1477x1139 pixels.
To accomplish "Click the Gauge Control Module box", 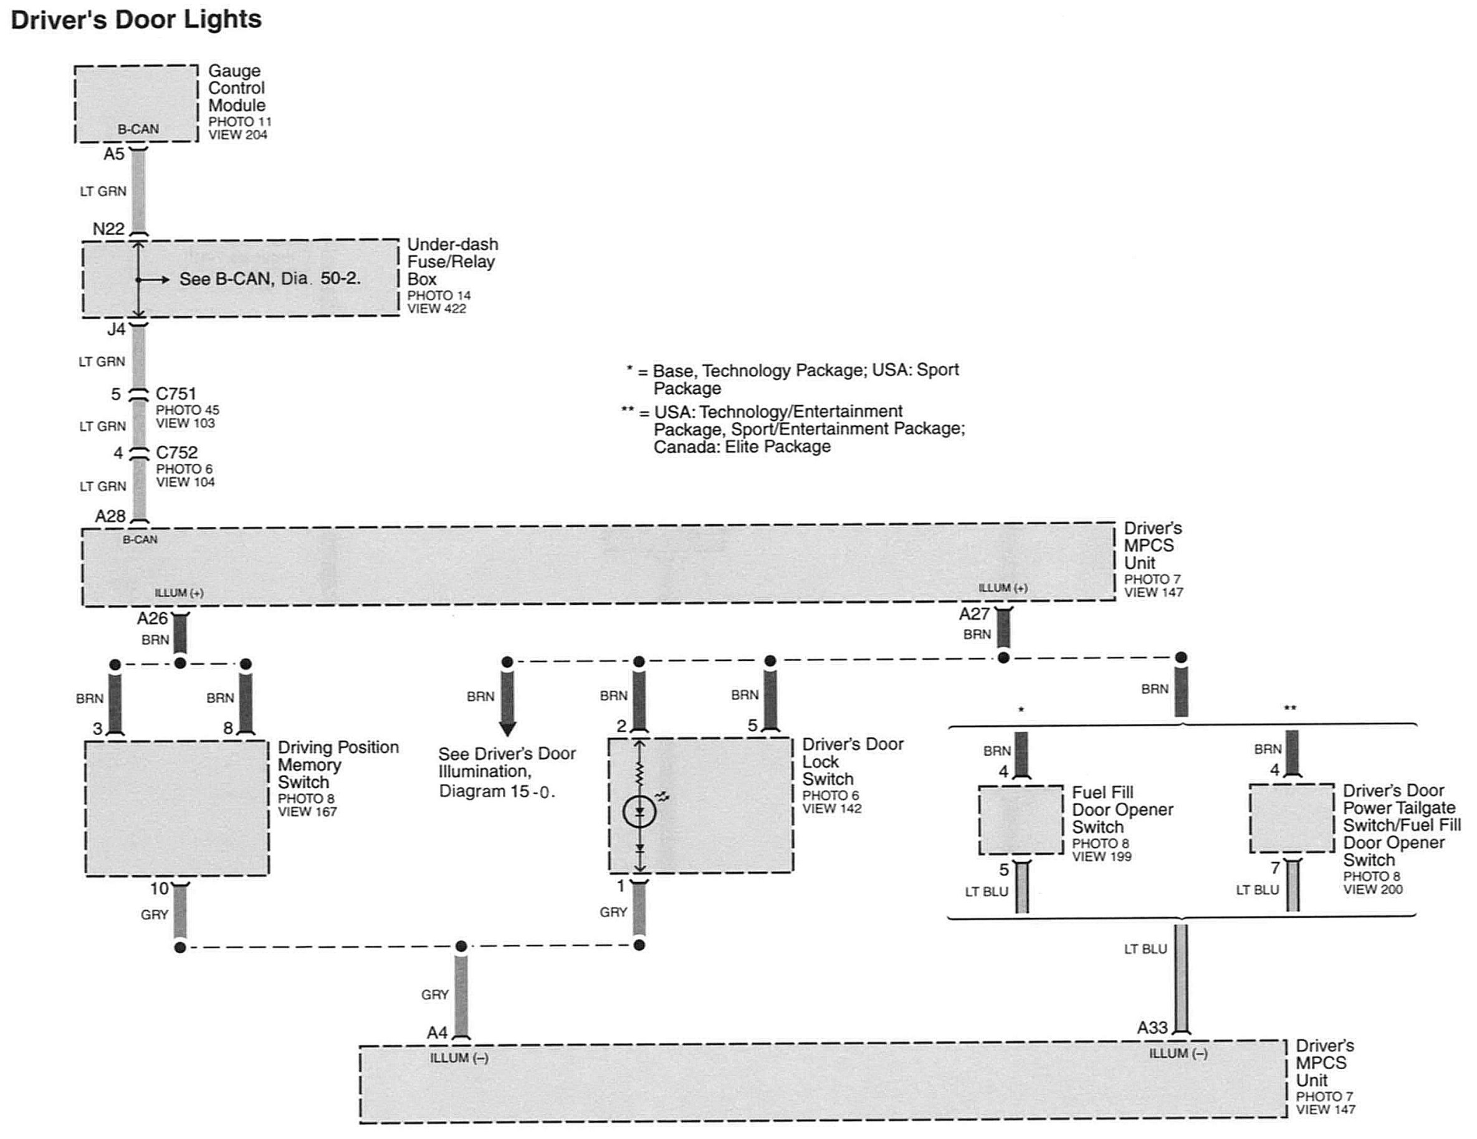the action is click(x=136, y=103).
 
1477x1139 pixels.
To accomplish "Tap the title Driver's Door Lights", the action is click(x=136, y=19).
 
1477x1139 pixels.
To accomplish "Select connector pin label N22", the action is click(x=109, y=229).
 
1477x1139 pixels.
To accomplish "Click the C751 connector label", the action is click(x=176, y=393).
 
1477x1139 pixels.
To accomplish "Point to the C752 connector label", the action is click(x=176, y=453).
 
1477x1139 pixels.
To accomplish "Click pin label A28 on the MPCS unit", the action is click(x=110, y=517).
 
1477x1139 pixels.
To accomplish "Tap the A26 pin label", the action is click(x=152, y=618).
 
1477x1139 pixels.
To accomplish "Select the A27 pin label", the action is click(x=975, y=614).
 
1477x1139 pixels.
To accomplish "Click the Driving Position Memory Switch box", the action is click(x=177, y=808).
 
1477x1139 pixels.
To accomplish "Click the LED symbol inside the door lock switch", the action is click(x=639, y=812).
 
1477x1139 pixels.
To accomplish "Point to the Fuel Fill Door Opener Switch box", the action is click(x=1021, y=820).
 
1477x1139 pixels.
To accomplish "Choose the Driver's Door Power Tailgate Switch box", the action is click(x=1292, y=819).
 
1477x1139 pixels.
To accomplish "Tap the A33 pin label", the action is click(x=1152, y=1028).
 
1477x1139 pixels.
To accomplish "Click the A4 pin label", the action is click(x=437, y=1033).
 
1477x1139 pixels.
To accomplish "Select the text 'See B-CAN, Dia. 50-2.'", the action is click(x=270, y=279).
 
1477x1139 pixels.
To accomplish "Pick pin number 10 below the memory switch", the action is click(x=160, y=888).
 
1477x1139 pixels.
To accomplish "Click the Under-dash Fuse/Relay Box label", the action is click(x=452, y=262).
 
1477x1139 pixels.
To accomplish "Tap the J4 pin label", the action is click(x=117, y=329).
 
